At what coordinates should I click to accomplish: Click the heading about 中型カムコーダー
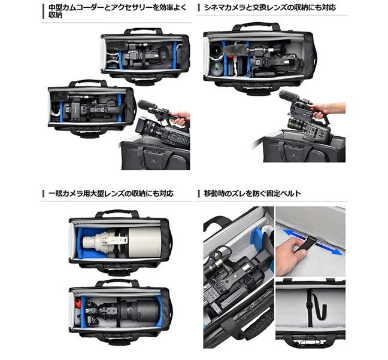(x=117, y=11)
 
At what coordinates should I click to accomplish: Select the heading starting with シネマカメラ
(x=270, y=7)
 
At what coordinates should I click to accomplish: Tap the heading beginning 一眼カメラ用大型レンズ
(x=111, y=193)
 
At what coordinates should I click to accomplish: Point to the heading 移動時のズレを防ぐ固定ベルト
(x=252, y=193)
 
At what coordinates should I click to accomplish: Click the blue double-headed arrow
(x=313, y=242)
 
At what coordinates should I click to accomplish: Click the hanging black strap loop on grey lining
(x=317, y=306)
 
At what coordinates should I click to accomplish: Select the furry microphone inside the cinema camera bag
(x=237, y=50)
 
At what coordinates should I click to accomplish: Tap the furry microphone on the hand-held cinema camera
(x=288, y=97)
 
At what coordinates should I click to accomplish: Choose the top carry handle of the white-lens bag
(x=117, y=213)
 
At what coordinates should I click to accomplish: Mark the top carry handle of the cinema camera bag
(x=256, y=26)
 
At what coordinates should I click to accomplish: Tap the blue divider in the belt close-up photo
(x=257, y=240)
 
